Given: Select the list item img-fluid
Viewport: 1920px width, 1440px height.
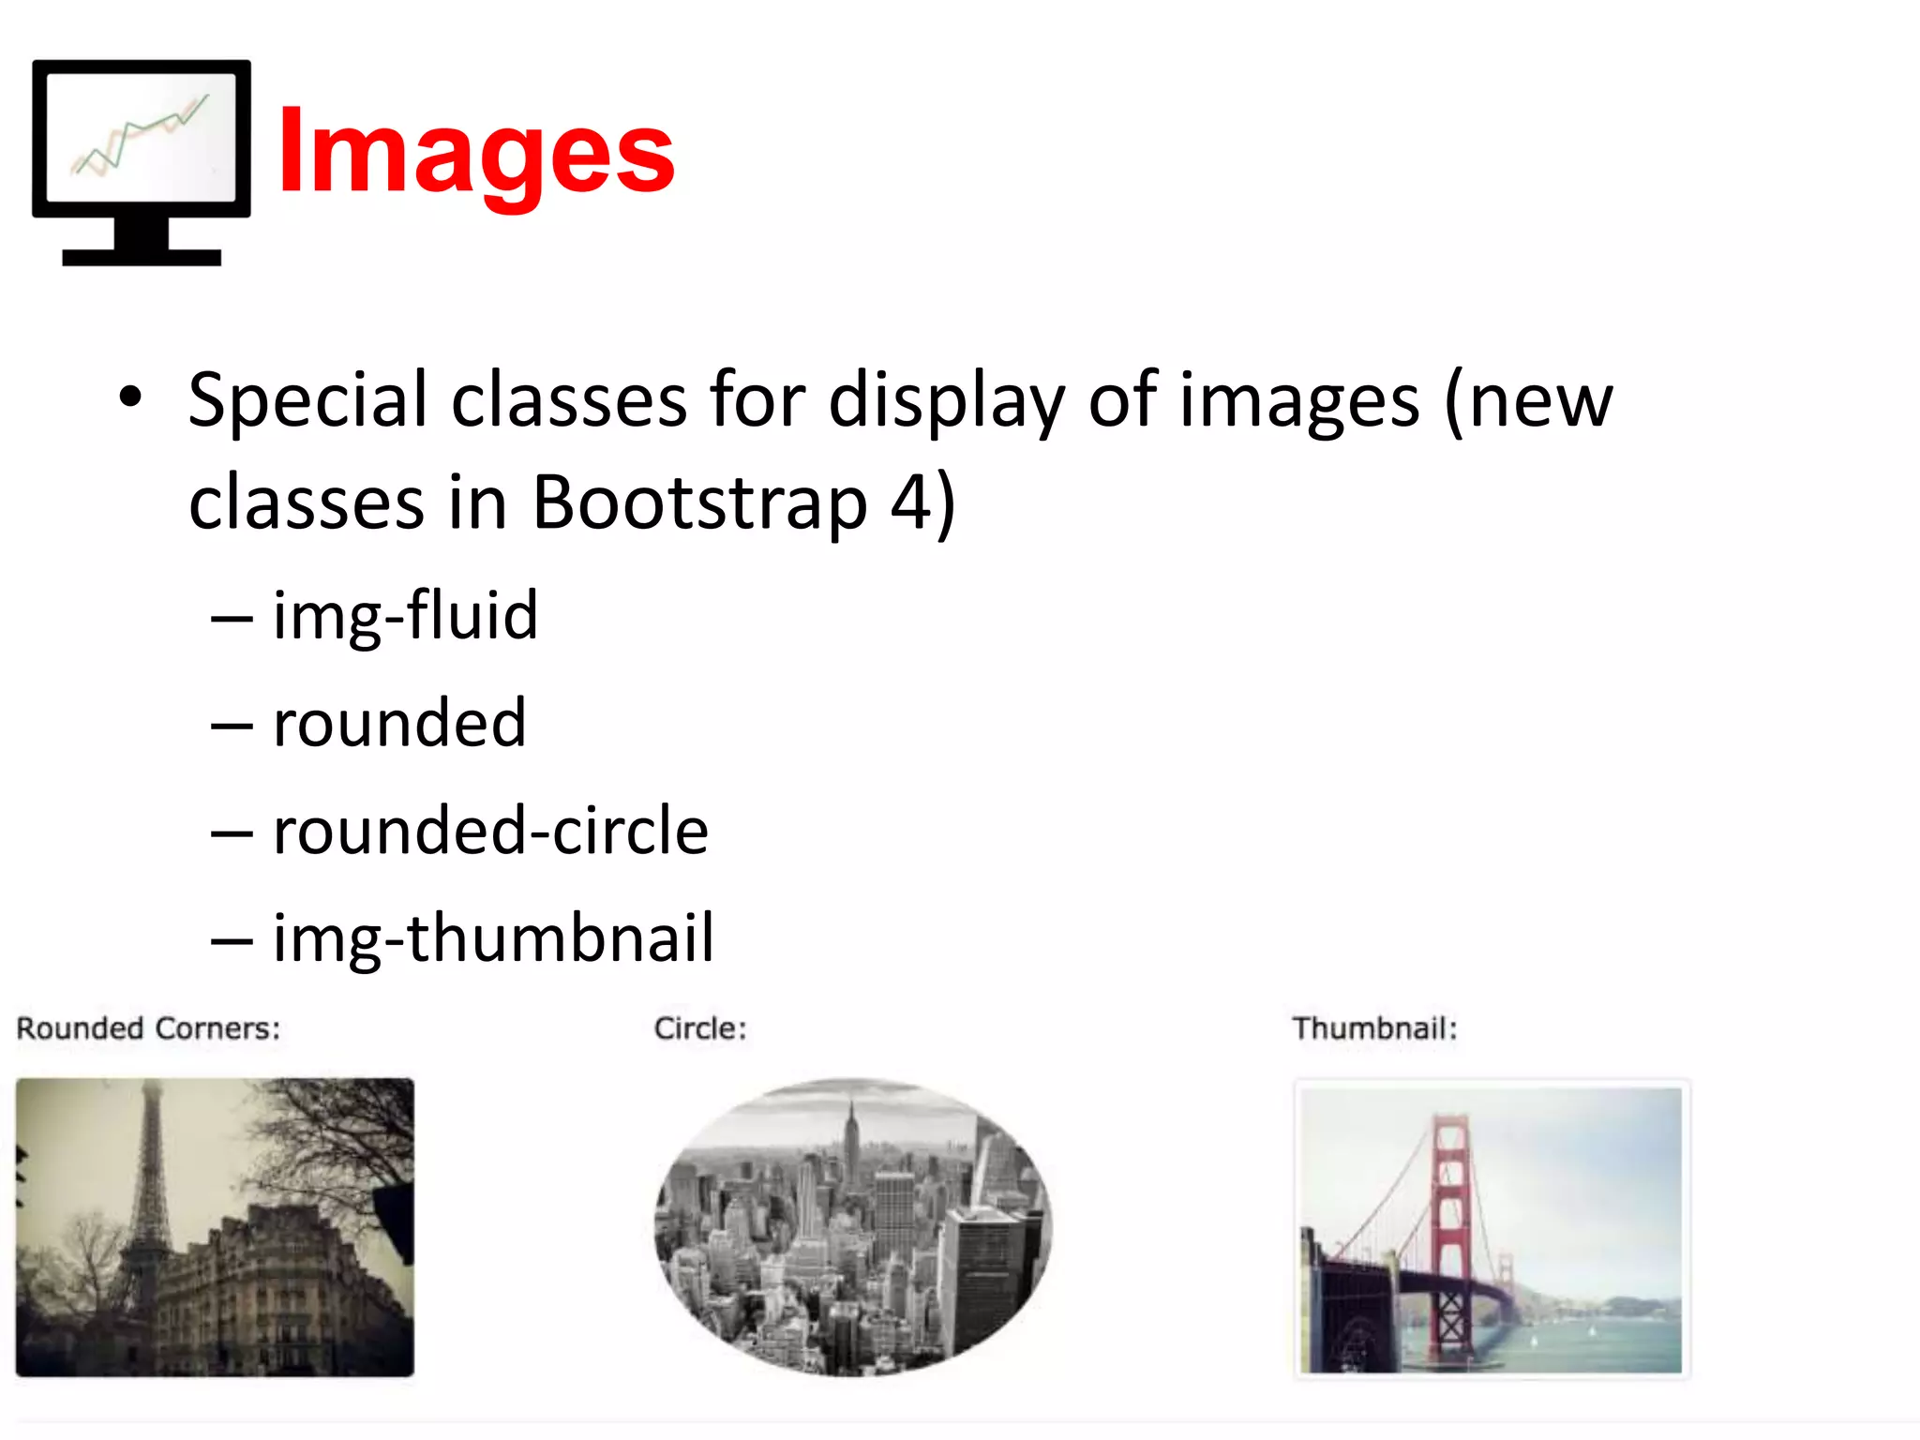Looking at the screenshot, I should coord(405,616).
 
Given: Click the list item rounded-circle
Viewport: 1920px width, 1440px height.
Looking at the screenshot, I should coord(490,831).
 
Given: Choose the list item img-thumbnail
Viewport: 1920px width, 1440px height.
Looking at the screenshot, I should coord(493,937).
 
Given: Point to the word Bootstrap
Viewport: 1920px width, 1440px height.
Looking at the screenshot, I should coord(699,503).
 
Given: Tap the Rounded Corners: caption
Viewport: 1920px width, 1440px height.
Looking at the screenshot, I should coord(148,1028).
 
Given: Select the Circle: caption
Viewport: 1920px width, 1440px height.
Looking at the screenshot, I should coord(699,1028).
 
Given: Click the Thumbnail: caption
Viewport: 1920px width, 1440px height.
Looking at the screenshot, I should coord(1374,1028).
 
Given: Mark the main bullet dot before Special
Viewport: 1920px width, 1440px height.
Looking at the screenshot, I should coord(130,397).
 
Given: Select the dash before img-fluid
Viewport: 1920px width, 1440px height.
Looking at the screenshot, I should coord(232,619).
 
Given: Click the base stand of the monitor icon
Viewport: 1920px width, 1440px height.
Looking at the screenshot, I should coord(142,255).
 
